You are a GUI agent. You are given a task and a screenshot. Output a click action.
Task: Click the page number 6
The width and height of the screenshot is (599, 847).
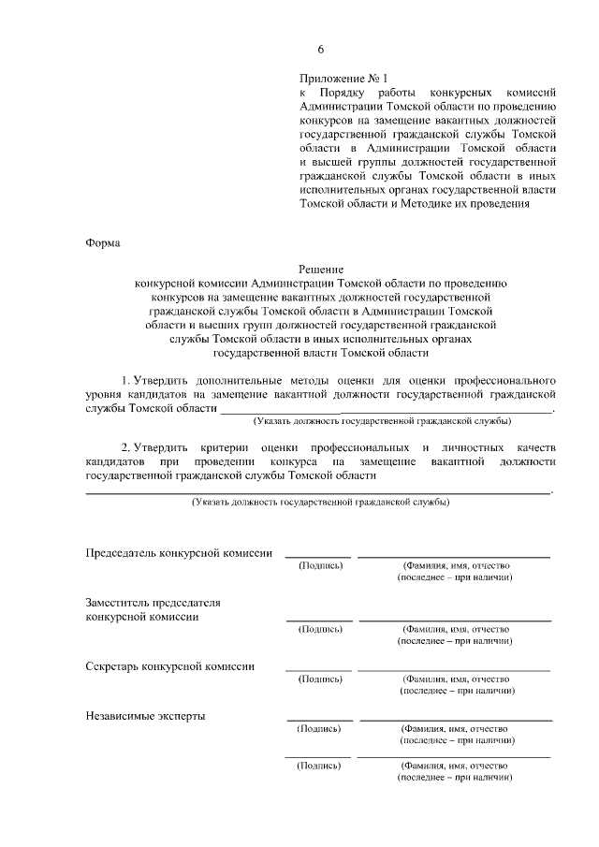[x=321, y=50]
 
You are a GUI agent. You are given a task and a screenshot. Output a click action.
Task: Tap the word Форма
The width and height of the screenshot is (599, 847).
[x=103, y=243]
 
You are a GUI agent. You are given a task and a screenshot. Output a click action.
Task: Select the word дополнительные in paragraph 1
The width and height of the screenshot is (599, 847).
[x=231, y=381]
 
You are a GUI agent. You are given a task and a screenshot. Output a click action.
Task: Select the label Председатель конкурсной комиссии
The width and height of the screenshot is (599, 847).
[x=179, y=553]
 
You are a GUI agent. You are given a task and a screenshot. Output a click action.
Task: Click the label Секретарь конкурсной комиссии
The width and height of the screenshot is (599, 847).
[x=169, y=665]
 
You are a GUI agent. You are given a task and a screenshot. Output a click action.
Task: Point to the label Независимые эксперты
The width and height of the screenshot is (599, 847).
[x=145, y=716]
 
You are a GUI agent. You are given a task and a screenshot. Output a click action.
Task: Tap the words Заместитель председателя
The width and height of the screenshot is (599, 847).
[x=157, y=603]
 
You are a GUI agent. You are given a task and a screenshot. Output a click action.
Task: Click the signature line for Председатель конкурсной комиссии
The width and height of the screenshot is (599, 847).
[x=318, y=557]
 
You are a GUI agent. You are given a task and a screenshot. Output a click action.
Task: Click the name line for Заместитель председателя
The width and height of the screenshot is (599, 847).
[x=455, y=620]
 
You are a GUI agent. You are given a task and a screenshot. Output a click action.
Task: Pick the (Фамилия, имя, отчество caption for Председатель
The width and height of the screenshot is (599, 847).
[x=455, y=566]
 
